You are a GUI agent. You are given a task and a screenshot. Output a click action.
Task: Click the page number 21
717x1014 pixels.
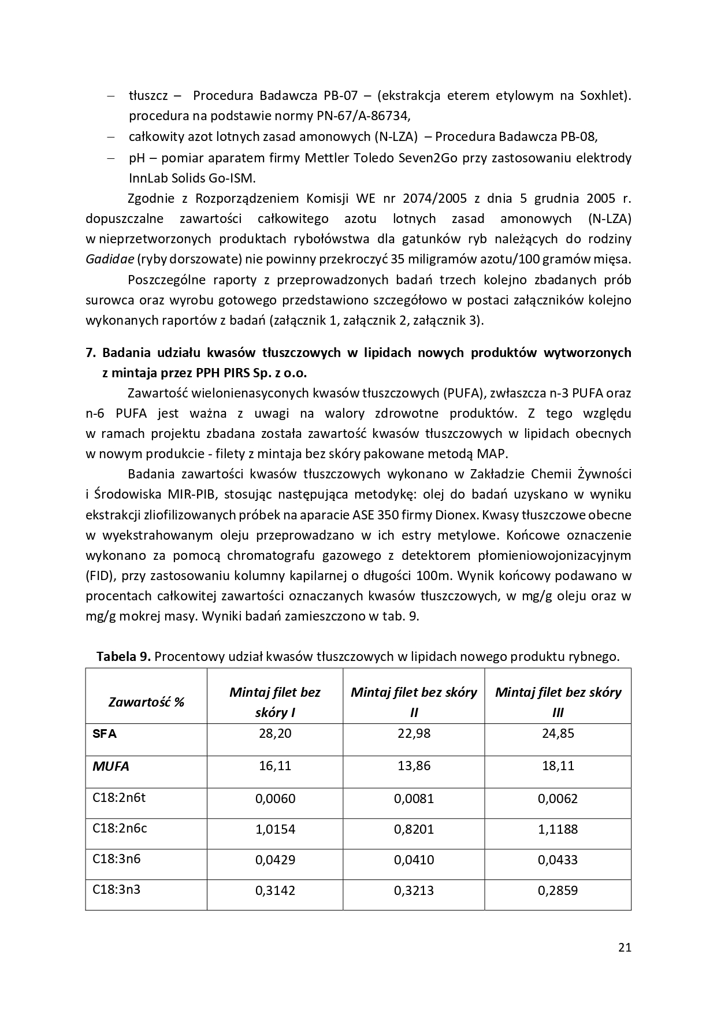[625, 947]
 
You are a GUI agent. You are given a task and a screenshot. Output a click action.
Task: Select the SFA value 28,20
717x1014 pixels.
[275, 733]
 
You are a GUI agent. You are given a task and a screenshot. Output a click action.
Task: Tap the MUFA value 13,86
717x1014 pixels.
[414, 766]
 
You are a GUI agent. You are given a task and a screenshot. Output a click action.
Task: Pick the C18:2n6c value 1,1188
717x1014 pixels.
[558, 829]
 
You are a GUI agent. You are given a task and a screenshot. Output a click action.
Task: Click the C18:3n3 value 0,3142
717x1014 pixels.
[275, 890]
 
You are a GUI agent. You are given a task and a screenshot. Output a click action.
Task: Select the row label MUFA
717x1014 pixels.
[110, 766]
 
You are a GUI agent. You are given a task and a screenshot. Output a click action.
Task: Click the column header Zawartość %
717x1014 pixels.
[146, 702]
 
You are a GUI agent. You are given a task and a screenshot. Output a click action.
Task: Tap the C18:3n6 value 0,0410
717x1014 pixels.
[414, 860]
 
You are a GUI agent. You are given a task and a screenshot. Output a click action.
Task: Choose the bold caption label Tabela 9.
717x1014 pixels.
[123, 656]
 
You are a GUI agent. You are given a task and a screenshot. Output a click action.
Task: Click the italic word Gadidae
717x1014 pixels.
[110, 259]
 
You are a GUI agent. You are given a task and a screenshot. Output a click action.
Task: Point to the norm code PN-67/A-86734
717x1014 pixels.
[363, 116]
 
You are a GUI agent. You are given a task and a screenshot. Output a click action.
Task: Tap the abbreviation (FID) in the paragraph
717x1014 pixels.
[99, 575]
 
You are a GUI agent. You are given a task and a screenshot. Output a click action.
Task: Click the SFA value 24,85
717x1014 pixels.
[558, 733]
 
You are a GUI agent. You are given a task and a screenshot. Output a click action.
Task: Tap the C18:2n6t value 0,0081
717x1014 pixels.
[414, 798]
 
